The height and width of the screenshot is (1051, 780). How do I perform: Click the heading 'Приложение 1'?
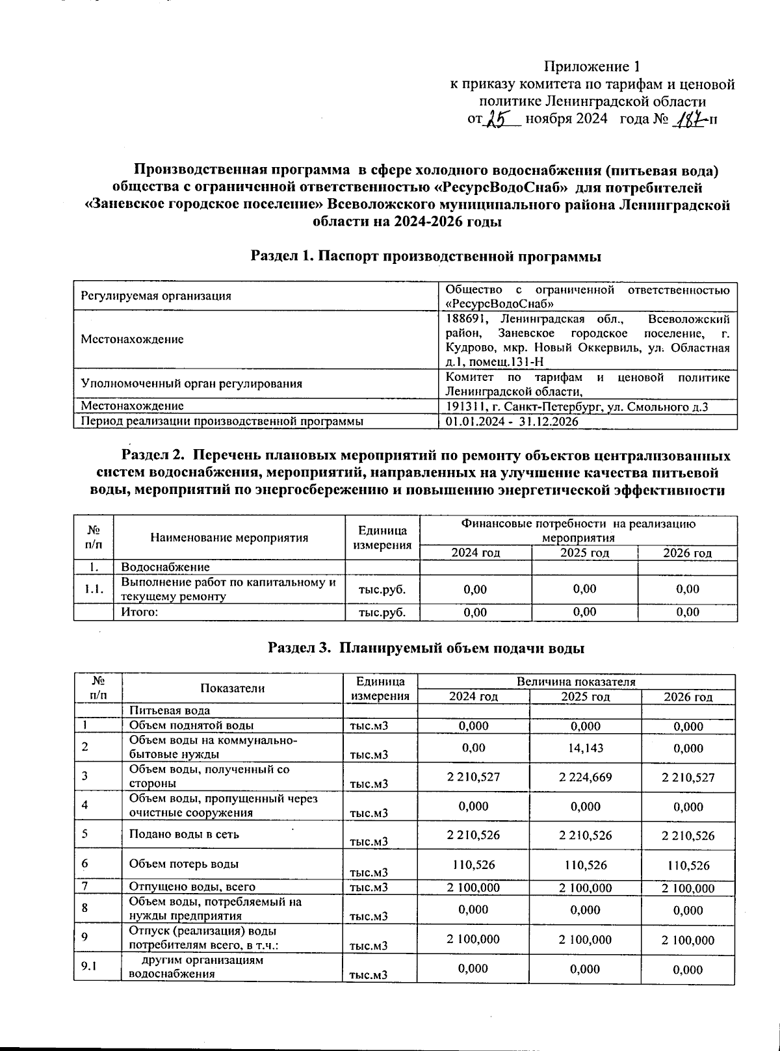(x=591, y=67)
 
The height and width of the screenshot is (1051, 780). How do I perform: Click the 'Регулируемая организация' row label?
(x=156, y=296)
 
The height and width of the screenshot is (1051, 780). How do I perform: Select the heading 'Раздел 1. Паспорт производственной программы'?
(x=426, y=256)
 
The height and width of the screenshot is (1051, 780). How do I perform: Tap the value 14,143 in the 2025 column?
(x=585, y=748)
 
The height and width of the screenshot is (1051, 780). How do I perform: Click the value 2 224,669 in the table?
(x=585, y=777)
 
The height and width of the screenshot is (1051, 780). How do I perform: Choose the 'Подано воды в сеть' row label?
(x=175, y=834)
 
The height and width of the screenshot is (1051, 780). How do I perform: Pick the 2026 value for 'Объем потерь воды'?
(x=688, y=865)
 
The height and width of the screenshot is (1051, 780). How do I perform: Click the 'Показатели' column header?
(x=232, y=688)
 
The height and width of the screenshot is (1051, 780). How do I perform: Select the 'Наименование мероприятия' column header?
(x=229, y=538)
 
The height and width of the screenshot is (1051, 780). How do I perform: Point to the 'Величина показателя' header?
(x=575, y=682)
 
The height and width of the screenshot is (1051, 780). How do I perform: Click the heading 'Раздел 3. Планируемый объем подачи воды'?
(x=426, y=648)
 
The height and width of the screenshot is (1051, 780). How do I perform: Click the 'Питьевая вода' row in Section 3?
(x=169, y=711)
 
